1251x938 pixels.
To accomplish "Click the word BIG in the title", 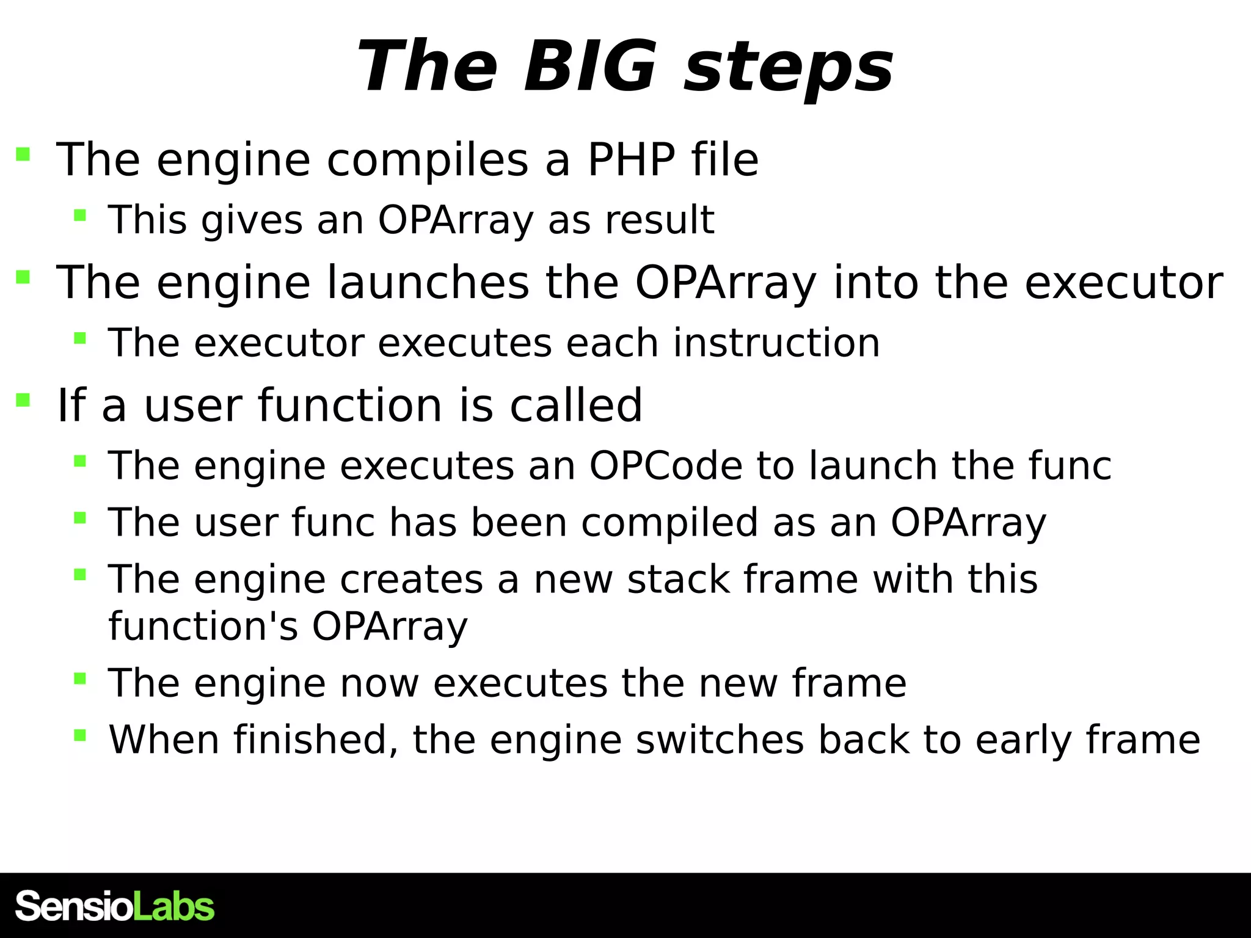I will (x=589, y=66).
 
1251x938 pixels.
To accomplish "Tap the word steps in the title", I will (x=788, y=68).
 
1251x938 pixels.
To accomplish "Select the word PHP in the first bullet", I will (x=631, y=160).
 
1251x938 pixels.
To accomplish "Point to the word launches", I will (x=428, y=283).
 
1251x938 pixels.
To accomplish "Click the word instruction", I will (x=776, y=343).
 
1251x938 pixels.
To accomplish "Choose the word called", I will (x=575, y=405).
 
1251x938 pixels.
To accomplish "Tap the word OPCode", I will (x=666, y=466).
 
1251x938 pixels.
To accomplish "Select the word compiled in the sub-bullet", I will (x=669, y=523).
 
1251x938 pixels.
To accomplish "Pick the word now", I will (x=379, y=683).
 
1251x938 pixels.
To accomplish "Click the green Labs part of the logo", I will (x=173, y=906).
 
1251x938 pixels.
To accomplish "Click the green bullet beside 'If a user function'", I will (x=23, y=401).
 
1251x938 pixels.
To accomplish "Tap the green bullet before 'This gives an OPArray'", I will (x=79, y=215).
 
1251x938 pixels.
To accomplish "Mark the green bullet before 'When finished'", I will (x=79, y=735).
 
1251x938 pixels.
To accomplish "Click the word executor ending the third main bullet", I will (x=1123, y=283).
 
